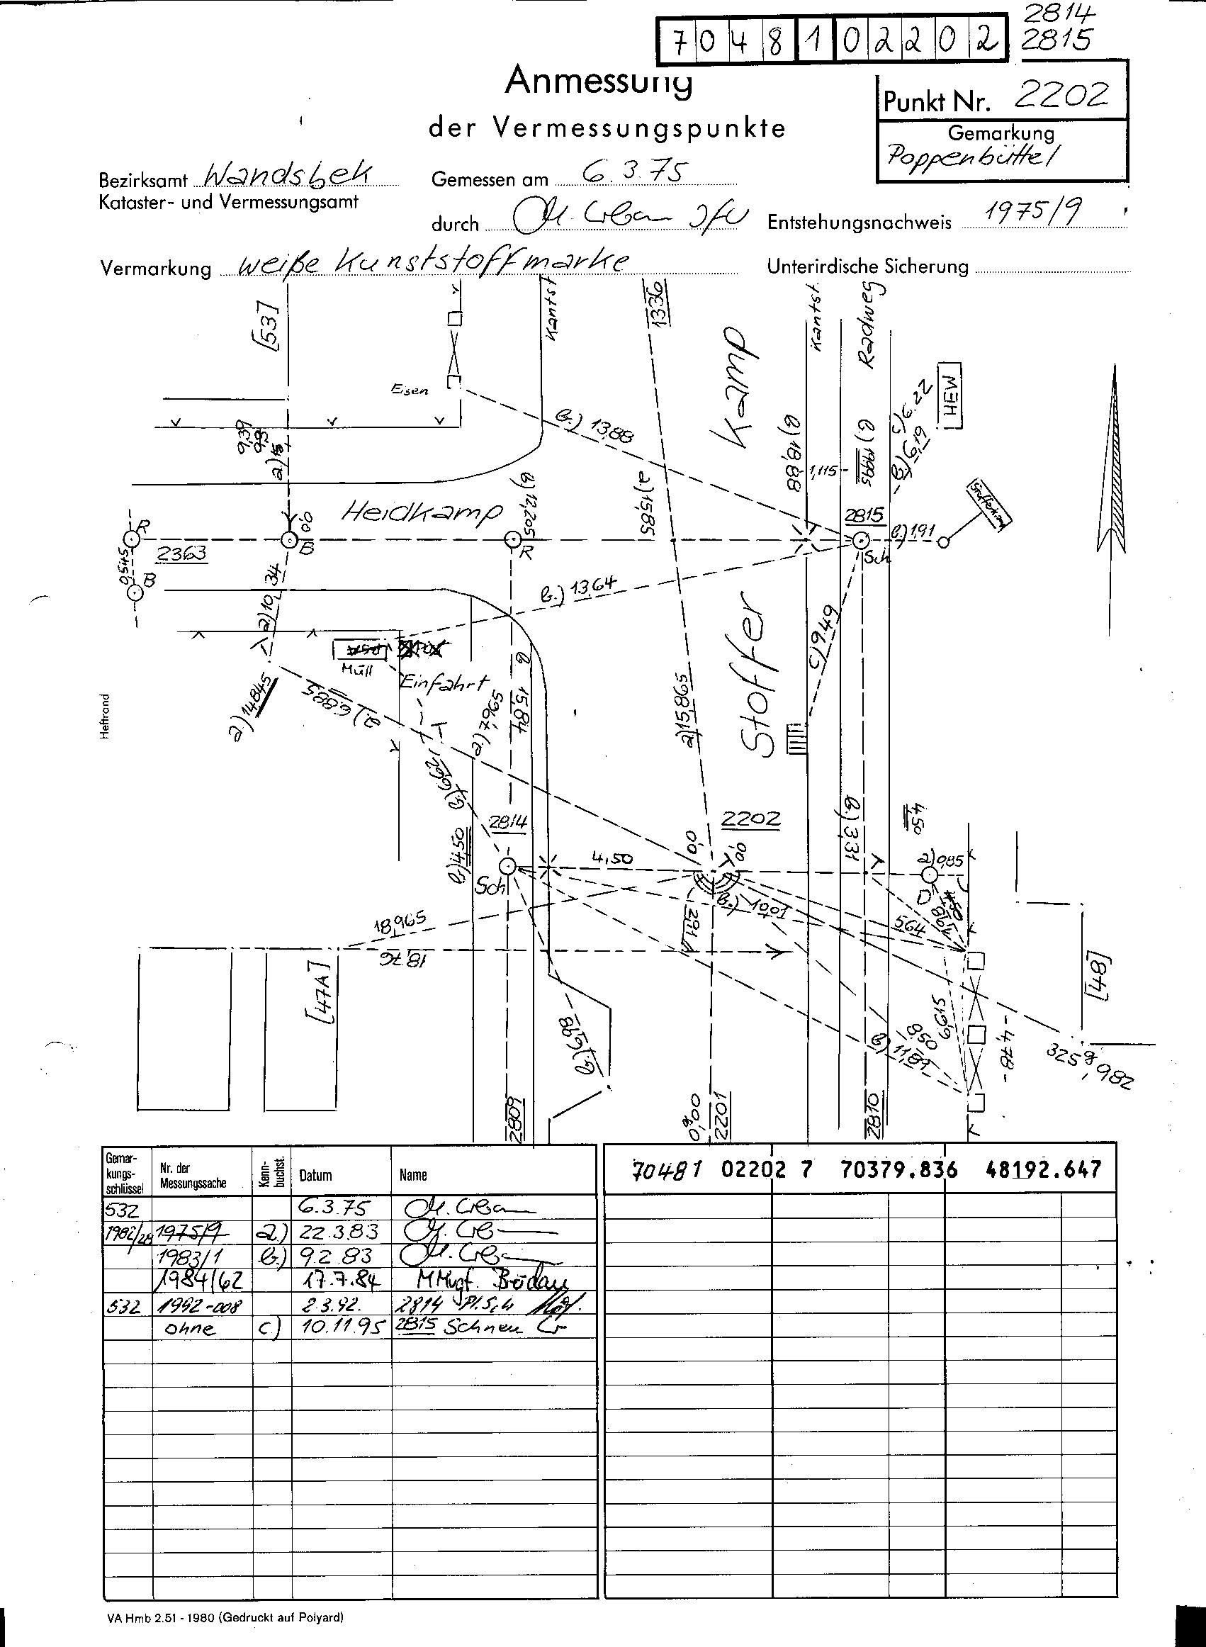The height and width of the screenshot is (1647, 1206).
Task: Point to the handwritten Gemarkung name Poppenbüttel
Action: (971, 154)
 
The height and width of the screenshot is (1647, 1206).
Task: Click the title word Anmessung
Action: (598, 81)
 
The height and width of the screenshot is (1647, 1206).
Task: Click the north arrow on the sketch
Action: (1114, 460)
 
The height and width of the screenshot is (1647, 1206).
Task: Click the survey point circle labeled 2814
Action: (507, 867)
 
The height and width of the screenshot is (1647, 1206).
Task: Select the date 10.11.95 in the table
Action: (339, 1327)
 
